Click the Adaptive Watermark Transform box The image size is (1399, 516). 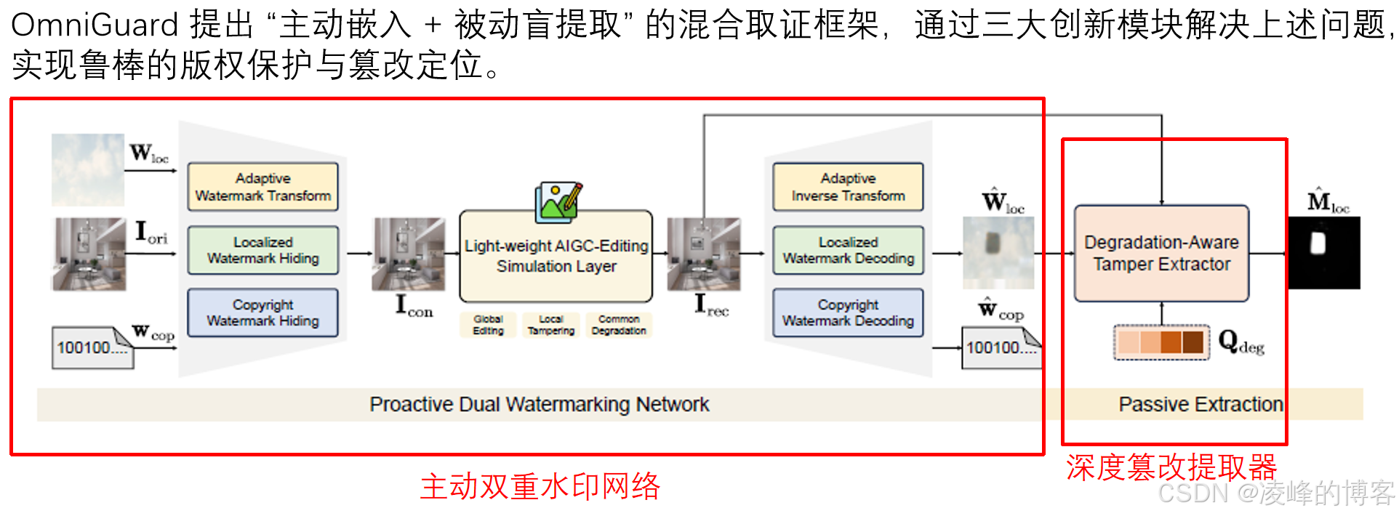262,187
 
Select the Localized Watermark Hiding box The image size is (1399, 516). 262,250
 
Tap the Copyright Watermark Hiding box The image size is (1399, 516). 262,313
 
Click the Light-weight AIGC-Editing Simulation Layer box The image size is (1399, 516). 556,257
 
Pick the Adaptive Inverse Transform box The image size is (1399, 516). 848,187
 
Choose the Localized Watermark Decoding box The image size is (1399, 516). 848,250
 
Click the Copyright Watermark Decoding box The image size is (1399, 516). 848,313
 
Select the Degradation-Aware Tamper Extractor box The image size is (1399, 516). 1161,253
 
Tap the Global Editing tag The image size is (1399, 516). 488,325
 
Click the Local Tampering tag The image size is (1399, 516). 550,325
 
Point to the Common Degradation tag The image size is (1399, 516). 619,325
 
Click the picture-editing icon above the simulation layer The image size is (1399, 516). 558,201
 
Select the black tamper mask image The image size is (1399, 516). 1323,252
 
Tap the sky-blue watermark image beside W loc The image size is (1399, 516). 88,169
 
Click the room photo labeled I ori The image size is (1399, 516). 89,254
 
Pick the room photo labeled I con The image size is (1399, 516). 408,254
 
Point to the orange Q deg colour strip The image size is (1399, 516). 1161,342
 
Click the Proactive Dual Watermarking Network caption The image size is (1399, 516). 539,404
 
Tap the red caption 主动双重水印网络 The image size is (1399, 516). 540,486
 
